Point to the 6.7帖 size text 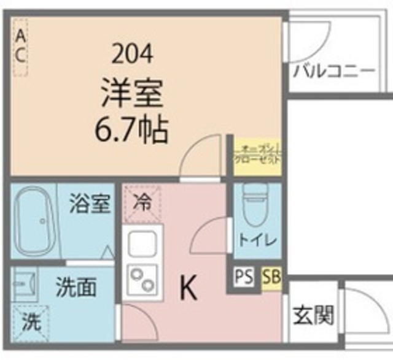click(x=132, y=129)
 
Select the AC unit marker click(x=20, y=47)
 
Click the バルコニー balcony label click(x=334, y=71)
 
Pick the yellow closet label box click(x=258, y=153)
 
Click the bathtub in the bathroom click(x=36, y=223)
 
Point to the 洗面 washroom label click(x=76, y=288)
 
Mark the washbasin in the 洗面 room click(x=25, y=284)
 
